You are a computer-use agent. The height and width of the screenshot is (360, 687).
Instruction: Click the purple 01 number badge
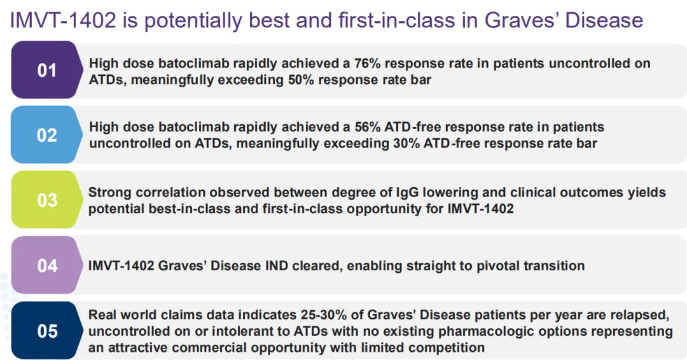pos(46,69)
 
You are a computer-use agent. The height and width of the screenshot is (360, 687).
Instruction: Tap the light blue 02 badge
pos(46,134)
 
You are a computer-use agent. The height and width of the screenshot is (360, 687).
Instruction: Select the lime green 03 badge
pos(46,200)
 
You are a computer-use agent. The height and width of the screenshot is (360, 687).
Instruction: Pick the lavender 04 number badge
pos(46,265)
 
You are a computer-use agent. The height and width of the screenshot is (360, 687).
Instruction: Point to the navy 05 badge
pos(46,330)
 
